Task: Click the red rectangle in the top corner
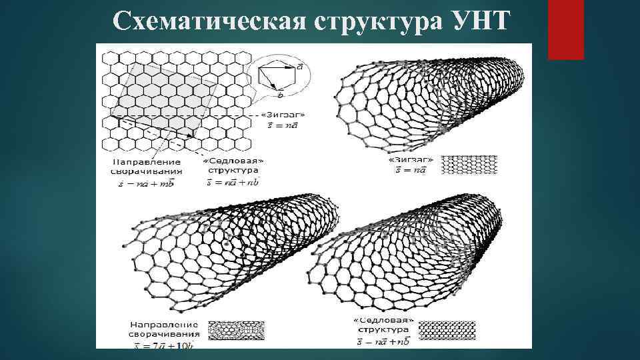pos(566,29)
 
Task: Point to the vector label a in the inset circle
pos(301,67)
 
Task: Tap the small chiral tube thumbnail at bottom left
pos(237,329)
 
